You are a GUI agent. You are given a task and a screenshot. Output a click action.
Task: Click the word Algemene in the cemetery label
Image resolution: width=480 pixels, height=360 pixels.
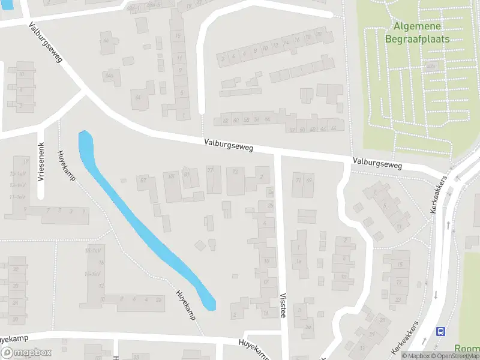(418, 26)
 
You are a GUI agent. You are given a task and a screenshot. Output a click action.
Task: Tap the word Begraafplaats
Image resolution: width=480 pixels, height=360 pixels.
(418, 38)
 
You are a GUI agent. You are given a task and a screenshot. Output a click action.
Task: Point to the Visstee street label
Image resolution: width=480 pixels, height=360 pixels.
(283, 305)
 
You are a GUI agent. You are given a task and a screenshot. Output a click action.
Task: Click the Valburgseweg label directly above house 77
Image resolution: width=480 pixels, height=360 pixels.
(228, 144)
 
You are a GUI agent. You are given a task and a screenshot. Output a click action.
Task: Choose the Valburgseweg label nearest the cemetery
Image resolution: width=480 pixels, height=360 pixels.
(377, 162)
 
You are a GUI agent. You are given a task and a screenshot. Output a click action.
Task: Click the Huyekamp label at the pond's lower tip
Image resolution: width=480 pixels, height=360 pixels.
(185, 305)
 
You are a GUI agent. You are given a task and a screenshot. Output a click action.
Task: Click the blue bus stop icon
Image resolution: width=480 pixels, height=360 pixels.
(441, 331)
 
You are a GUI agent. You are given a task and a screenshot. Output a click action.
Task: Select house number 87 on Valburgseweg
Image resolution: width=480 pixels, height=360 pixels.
(143, 180)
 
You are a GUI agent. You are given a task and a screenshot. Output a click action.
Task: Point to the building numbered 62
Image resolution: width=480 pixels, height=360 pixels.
(226, 120)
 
